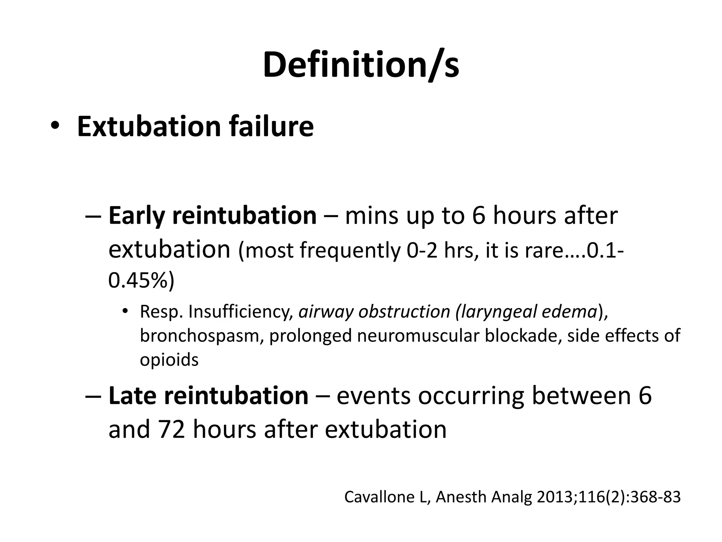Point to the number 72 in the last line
(172, 429)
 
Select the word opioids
(169, 360)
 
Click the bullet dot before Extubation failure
(55, 126)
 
